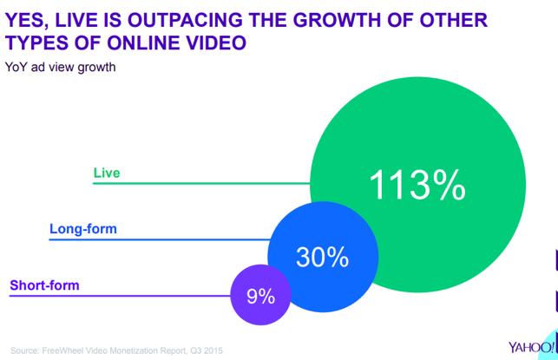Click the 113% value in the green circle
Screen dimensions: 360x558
coord(417,185)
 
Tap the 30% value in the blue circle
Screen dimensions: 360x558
coord(322,258)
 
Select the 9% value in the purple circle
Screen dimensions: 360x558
coord(260,296)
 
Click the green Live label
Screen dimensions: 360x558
coord(107,173)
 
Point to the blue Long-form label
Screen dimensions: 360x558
coord(83,230)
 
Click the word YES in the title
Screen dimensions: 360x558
coord(27,20)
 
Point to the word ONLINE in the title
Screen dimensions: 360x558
coord(138,43)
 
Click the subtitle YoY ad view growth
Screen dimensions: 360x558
coord(61,66)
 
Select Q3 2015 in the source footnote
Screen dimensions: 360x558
coord(207,350)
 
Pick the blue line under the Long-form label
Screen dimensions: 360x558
coord(156,239)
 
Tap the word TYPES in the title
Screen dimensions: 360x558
coord(37,43)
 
